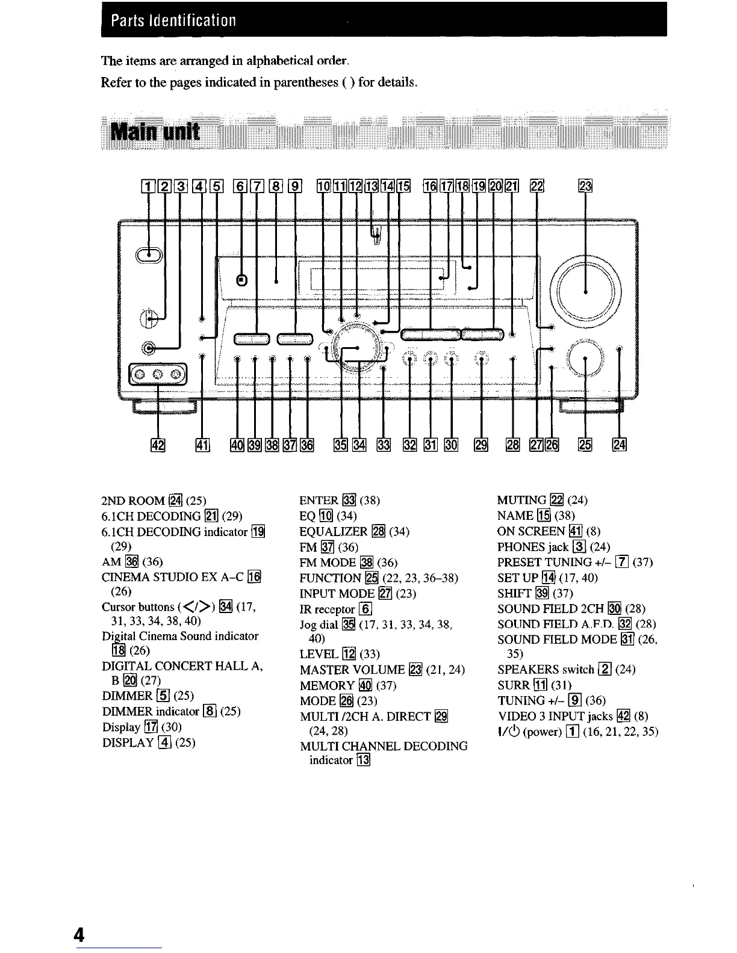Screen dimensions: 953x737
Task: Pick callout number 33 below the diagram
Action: tap(384, 445)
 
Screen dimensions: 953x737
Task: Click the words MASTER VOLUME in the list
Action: tap(352, 670)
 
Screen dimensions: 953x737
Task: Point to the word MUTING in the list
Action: tap(521, 500)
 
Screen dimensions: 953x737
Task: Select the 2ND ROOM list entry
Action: tap(133, 501)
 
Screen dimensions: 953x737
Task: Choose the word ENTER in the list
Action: tap(319, 501)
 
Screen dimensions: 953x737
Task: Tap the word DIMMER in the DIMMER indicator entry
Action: tap(128, 712)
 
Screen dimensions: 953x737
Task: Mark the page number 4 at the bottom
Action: tap(79, 934)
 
